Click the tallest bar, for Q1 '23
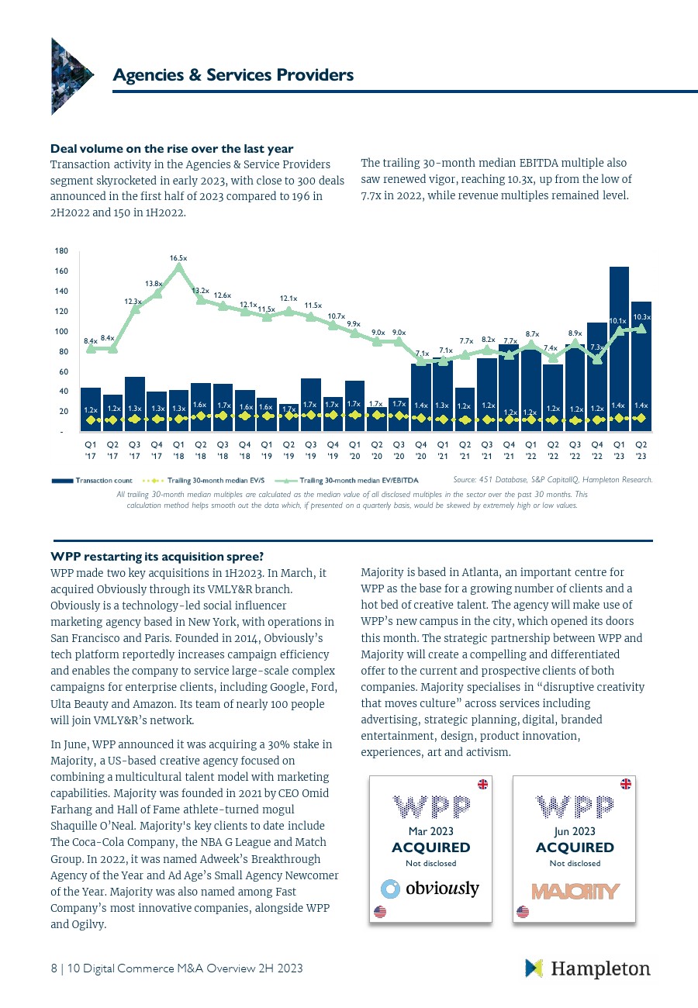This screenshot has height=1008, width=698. click(619, 349)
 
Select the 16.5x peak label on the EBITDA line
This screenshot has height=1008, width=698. click(179, 257)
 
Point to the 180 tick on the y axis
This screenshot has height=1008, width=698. click(61, 251)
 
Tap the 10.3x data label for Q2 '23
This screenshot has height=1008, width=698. click(641, 316)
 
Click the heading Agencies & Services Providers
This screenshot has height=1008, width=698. click(233, 74)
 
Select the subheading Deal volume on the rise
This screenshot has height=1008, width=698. click(171, 148)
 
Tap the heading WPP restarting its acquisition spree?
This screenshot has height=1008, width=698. click(157, 557)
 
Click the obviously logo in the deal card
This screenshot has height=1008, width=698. click(431, 888)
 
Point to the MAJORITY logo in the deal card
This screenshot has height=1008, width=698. click(575, 891)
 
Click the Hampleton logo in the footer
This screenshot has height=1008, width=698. click(588, 968)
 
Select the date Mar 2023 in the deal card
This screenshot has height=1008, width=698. click(431, 831)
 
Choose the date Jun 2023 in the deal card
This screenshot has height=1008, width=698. click(575, 831)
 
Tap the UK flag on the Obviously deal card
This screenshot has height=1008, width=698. click(482, 784)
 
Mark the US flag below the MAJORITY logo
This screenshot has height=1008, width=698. click(523, 912)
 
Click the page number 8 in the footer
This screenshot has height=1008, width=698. click(54, 968)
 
